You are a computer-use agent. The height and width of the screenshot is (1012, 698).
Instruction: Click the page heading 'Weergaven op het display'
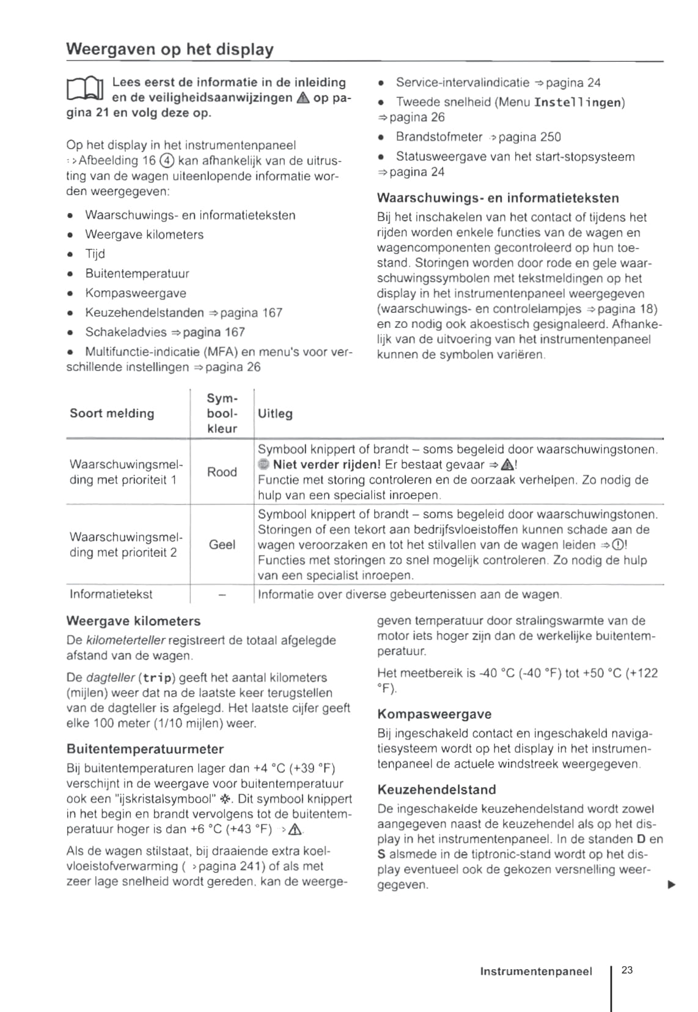169,49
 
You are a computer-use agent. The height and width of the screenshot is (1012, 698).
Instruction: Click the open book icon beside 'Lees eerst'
86,91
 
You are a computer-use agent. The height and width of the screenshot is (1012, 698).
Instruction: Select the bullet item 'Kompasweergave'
135,293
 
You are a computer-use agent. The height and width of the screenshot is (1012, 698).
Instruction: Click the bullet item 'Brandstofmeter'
439,137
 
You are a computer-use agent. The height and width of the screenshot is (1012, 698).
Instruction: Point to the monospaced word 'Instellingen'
578,102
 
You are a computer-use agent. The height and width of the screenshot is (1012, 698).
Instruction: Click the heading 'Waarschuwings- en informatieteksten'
498,198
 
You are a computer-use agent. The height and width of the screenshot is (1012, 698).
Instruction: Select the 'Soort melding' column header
112,414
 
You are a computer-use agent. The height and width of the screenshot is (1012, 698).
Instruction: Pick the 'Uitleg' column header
275,414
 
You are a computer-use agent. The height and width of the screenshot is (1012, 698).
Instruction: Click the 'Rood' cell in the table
222,472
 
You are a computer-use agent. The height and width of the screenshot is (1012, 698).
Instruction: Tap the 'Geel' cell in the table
222,545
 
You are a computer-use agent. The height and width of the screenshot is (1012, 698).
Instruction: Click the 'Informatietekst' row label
111,594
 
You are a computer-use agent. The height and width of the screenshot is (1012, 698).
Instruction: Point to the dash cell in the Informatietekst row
222,595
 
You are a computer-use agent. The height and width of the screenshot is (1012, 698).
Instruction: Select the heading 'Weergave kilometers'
133,621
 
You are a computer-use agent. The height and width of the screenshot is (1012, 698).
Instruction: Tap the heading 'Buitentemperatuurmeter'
145,749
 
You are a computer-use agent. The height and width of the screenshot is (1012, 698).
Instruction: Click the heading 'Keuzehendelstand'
436,789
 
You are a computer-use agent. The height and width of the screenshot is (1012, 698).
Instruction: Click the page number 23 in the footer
627,970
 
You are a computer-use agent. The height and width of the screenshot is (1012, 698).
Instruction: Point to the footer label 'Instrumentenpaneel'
536,972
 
